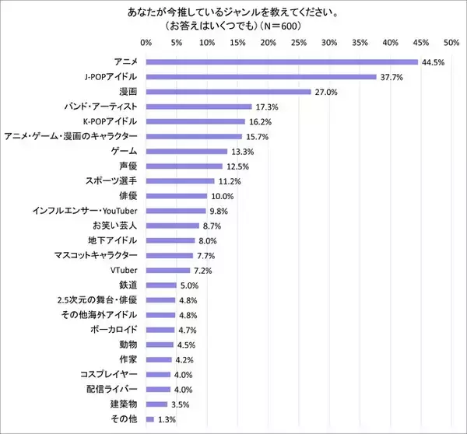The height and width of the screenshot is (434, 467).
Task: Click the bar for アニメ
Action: click(x=282, y=62)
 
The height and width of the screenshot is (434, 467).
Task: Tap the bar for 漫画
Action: click(x=228, y=92)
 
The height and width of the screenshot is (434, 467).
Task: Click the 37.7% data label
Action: click(x=391, y=77)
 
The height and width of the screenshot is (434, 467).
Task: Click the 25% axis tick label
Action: click(x=298, y=42)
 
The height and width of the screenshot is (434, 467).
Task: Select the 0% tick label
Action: click(x=146, y=42)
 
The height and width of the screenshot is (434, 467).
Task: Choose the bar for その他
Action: click(x=149, y=420)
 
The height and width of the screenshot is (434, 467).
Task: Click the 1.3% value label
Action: click(x=166, y=420)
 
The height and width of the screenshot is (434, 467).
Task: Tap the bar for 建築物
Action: click(x=156, y=404)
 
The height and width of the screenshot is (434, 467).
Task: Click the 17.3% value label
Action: click(x=266, y=107)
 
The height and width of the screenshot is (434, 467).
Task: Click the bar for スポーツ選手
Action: click(x=180, y=181)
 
